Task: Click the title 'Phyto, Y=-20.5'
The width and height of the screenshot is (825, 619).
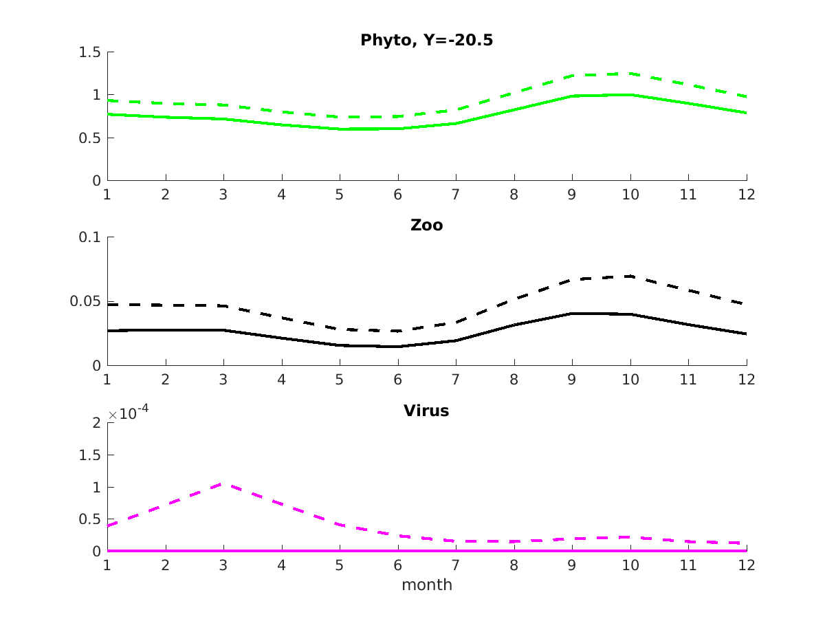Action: [x=426, y=41]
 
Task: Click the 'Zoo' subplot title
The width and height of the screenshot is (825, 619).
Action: [x=426, y=225]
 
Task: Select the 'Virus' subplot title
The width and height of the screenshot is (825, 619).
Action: [x=426, y=411]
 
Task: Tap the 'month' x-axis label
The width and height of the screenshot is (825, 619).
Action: [x=427, y=585]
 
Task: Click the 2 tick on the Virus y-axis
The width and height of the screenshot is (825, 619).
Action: [x=96, y=423]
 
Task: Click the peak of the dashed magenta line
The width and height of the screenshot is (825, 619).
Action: [x=223, y=484]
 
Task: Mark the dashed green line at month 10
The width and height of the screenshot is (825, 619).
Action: [x=630, y=74]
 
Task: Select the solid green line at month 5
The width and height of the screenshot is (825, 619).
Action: [x=340, y=129]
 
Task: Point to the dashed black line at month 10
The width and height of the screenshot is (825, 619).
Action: [x=630, y=276]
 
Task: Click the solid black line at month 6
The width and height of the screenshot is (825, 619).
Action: [x=397, y=347]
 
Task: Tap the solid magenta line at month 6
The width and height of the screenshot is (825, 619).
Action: [x=397, y=551]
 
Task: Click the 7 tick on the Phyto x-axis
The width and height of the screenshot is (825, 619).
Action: [x=456, y=194]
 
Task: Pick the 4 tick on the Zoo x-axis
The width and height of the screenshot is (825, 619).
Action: [x=281, y=379]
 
